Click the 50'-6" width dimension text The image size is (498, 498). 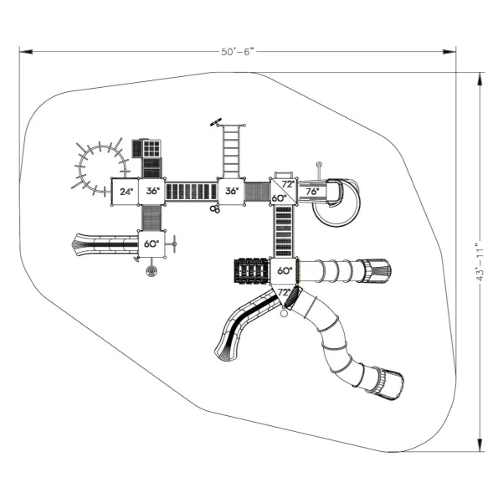click(238, 52)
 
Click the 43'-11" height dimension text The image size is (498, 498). click(480, 262)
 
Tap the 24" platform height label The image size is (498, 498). click(126, 192)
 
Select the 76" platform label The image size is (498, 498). click(312, 191)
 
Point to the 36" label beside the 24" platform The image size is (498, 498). click(153, 191)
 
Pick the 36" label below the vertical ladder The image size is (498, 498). click(232, 191)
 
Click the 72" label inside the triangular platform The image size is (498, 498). click(284, 292)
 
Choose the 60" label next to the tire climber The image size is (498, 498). click(285, 270)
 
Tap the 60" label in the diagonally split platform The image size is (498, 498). click(279, 198)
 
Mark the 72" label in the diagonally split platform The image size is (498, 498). click(288, 184)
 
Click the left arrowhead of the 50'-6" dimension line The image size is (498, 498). click(26, 52)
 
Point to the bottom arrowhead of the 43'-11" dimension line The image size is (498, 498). click(480, 444)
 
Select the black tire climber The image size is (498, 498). click(252, 270)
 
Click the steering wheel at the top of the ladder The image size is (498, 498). click(216, 122)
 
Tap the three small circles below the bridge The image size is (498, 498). click(215, 209)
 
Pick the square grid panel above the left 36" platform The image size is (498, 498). click(151, 148)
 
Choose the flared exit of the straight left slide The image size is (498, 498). click(82, 244)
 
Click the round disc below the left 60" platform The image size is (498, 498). click(151, 271)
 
